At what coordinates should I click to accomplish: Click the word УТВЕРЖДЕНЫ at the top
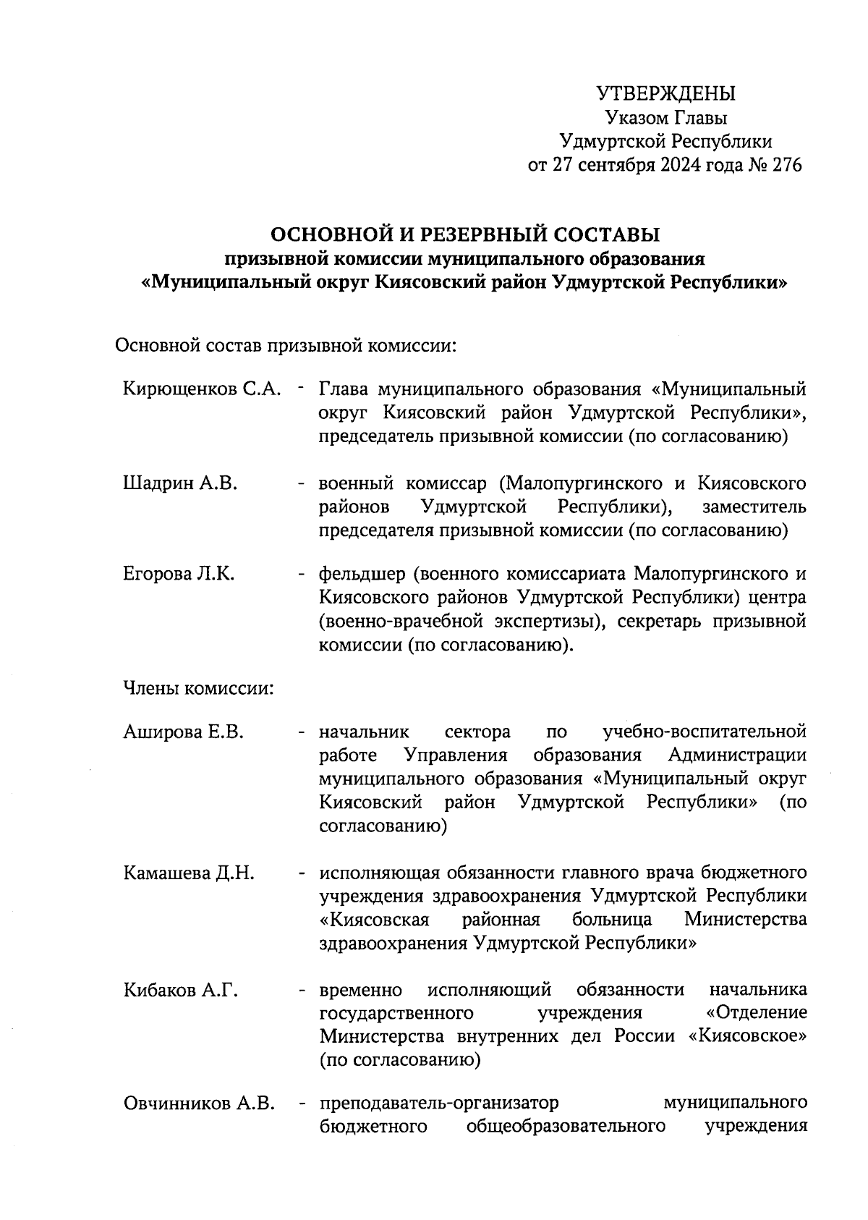pyautogui.click(x=665, y=93)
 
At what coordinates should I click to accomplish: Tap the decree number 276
pyautogui.click(x=787, y=165)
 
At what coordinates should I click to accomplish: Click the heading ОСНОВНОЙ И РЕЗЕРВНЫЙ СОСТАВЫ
pyautogui.click(x=465, y=234)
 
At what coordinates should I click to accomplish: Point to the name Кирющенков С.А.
pyautogui.click(x=201, y=389)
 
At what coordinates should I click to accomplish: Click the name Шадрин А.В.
pyautogui.click(x=180, y=483)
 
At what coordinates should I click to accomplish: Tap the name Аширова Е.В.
pyautogui.click(x=183, y=732)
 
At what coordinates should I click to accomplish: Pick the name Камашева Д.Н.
pyautogui.click(x=189, y=873)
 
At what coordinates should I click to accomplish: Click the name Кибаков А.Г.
pyautogui.click(x=181, y=989)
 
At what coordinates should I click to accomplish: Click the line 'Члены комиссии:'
pyautogui.click(x=198, y=687)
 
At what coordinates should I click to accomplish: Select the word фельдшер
pyautogui.click(x=360, y=575)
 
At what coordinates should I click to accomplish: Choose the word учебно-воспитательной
pyautogui.click(x=705, y=732)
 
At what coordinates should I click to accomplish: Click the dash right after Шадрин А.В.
pyautogui.click(x=299, y=483)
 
